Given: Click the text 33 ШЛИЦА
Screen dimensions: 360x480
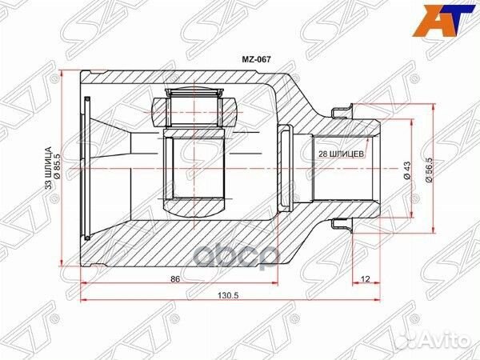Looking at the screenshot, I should click(47, 166).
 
